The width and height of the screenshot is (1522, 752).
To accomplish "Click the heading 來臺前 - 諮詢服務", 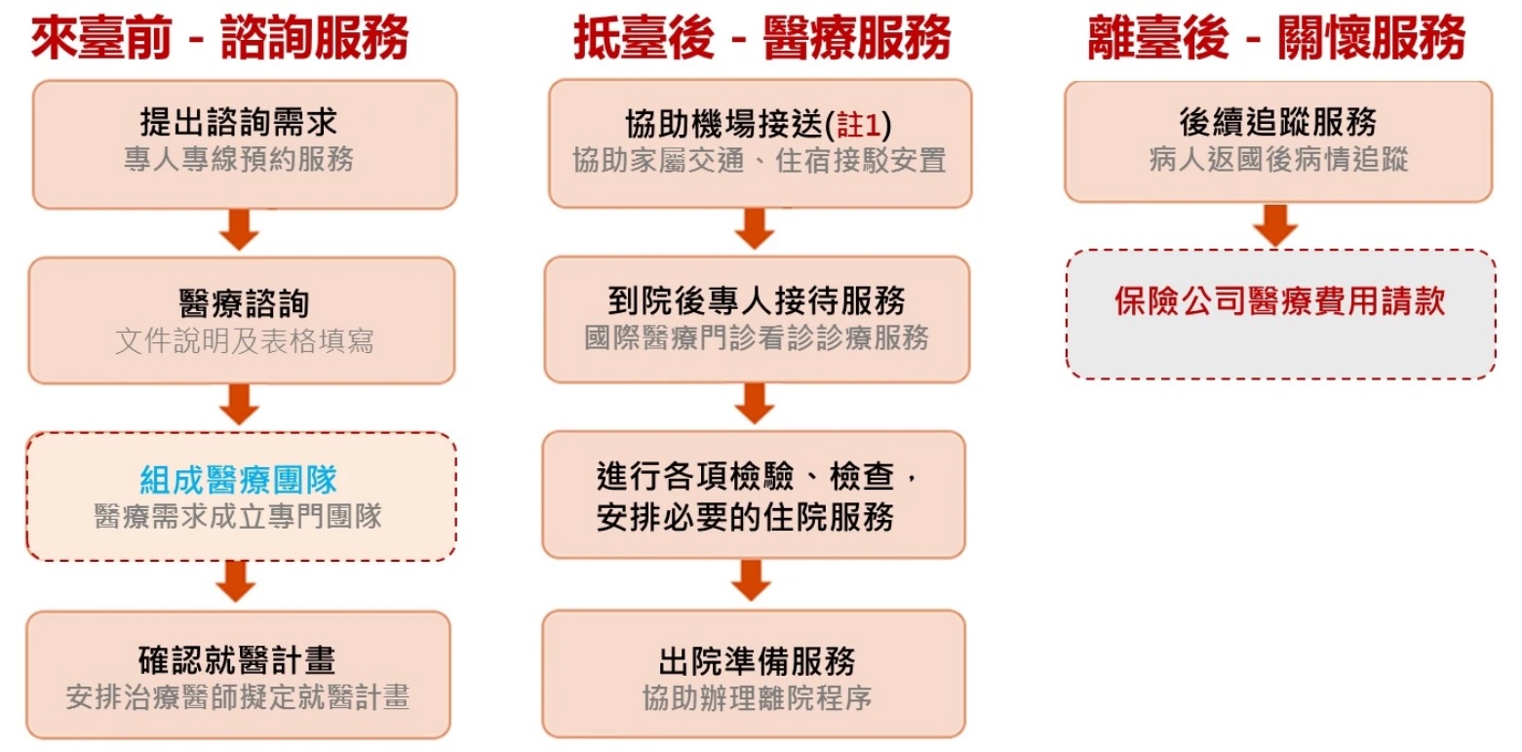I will (219, 40).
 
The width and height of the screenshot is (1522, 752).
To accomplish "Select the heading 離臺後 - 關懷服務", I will (1276, 40).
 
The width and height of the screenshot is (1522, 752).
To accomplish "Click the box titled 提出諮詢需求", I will (244, 142).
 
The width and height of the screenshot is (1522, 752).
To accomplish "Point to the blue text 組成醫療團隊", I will (239, 480).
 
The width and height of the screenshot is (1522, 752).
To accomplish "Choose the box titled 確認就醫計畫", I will (238, 675).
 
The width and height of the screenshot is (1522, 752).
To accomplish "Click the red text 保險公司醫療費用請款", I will (1279, 301).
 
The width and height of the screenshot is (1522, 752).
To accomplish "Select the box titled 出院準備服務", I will (754, 675).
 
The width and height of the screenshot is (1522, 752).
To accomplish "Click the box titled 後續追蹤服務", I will (1277, 140).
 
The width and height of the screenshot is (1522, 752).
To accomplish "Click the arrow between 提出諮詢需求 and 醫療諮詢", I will (239, 231).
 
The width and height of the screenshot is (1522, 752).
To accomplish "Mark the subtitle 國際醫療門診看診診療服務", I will (757, 337).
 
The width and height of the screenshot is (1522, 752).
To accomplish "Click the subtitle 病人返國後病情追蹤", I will (1278, 160).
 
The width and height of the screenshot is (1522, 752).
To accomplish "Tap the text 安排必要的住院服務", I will (745, 517).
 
